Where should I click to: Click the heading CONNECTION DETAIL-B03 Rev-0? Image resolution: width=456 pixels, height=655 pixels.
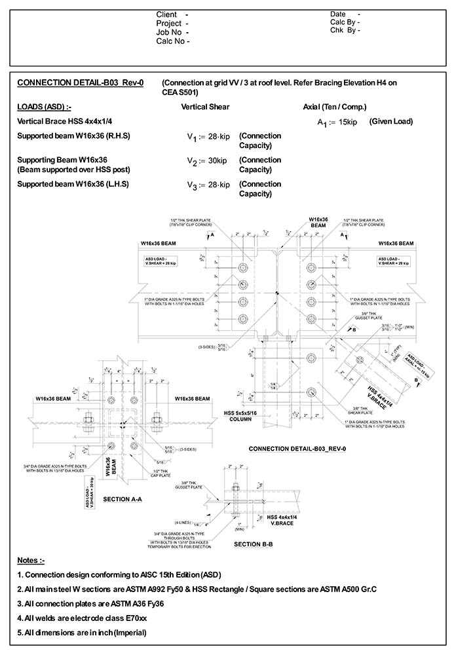pos(80,83)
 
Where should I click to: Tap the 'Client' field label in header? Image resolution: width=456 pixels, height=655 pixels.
pos(168,14)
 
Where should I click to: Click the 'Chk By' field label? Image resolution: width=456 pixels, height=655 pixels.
pos(345,30)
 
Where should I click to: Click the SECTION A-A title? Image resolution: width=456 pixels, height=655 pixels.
pos(124,499)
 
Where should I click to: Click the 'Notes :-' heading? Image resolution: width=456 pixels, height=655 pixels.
pos(31,561)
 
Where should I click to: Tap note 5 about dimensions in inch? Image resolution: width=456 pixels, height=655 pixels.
pos(81,633)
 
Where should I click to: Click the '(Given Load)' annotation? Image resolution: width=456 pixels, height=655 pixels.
pos(391,122)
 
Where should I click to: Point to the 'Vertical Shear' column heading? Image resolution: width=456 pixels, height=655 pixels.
pos(205,107)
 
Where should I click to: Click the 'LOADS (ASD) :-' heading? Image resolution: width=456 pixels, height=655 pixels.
pos(45,107)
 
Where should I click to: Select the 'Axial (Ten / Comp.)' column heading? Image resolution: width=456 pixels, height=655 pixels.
pos(335,107)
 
